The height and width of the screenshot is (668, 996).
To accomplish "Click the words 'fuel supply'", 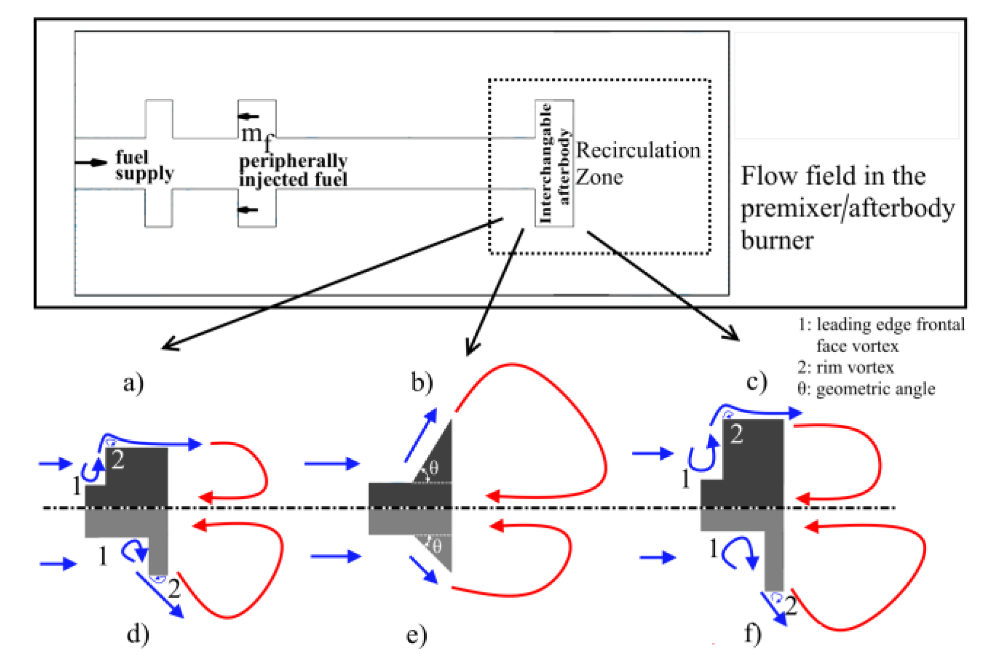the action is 144,165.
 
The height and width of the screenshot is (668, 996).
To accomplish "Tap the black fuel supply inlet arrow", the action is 91,162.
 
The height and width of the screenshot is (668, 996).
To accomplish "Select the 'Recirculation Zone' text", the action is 638,163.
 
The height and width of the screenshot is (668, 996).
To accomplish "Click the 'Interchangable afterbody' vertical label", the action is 554,163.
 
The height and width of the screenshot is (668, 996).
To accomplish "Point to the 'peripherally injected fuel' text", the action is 294,170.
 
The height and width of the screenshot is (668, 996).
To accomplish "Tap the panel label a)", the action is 133,383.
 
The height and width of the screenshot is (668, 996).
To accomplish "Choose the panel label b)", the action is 422,382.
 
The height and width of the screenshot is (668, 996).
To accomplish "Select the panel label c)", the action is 757,381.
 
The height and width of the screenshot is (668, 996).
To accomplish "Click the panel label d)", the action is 138,634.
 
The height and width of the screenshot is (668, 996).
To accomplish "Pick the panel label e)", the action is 417,635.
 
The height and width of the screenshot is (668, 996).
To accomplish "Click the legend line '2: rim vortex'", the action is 846,368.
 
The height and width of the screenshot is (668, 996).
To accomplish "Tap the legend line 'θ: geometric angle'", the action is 866,389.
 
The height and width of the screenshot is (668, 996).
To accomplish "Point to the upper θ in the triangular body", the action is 433,467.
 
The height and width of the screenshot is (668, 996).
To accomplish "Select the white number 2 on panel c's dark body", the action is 737,434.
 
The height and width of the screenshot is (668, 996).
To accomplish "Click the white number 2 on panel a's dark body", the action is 118,459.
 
